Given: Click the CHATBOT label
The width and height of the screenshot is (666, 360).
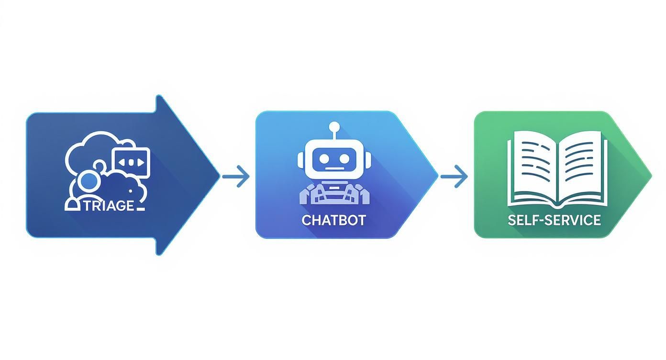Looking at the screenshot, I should tap(334, 220).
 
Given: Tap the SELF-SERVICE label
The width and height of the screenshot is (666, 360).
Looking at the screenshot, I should tap(555, 220).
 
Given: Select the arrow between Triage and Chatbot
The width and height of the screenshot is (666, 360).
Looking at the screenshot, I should tap(236, 177).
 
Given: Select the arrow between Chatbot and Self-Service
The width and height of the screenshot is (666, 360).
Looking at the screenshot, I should tap(454, 177).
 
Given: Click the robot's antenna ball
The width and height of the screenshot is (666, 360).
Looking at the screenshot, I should tap(334, 127).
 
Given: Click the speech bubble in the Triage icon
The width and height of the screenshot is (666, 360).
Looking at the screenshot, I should tap(130, 162).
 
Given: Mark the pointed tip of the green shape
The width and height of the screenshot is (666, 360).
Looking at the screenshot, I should tap(651, 174).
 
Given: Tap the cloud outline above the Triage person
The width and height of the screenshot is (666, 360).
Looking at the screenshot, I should tap(91, 144).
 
